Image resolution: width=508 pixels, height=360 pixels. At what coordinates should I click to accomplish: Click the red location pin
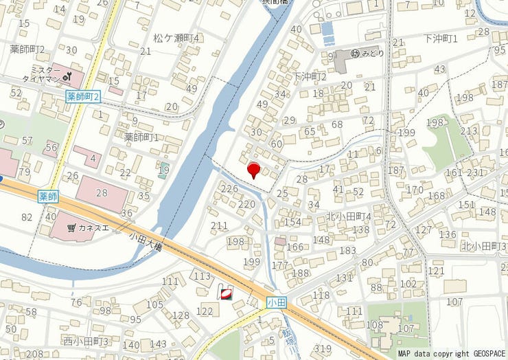pyautogui.click(x=253, y=170)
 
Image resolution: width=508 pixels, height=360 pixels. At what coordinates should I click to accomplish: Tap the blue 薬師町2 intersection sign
pyautogui.click(x=84, y=97)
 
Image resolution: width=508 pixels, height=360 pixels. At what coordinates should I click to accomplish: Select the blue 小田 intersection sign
pyautogui.click(x=277, y=302)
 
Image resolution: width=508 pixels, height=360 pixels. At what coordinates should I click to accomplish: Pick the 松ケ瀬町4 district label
pyautogui.click(x=176, y=38)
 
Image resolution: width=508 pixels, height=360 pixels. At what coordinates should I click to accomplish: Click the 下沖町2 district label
pyautogui.click(x=309, y=76)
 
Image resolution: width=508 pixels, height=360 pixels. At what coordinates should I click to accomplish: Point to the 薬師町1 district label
pyautogui.click(x=141, y=137)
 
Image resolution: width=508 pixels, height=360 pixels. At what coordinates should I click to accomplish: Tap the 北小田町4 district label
pyautogui.click(x=348, y=216)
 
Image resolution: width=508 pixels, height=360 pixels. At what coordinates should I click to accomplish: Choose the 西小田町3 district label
pyautogui.click(x=86, y=341)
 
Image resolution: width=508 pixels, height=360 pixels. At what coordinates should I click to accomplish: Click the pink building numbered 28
pyautogui.click(x=102, y=192)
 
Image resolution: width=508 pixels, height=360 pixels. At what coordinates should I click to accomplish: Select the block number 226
pyautogui.click(x=230, y=188)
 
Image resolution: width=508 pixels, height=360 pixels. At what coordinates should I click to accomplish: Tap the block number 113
pyautogui.click(x=202, y=276)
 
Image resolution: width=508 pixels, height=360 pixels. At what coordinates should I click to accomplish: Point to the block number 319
pyautogui.click(x=323, y=348)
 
